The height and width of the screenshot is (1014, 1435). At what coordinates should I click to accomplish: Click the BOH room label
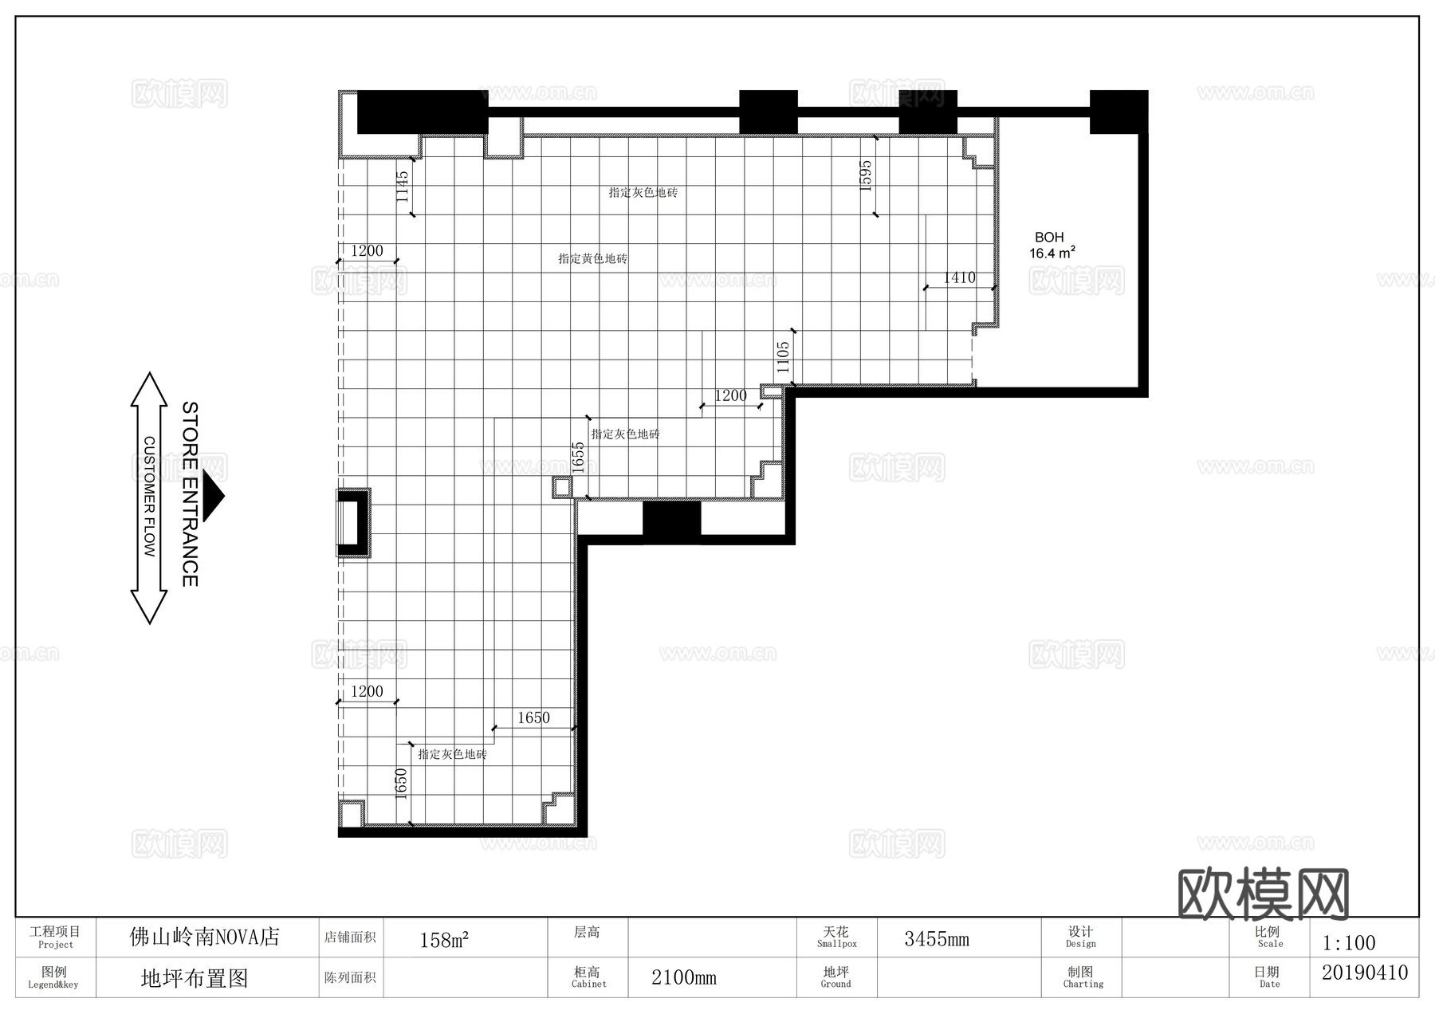(1049, 238)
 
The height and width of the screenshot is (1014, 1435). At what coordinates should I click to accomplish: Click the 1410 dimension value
(959, 277)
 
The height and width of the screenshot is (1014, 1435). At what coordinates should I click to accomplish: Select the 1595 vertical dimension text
(866, 175)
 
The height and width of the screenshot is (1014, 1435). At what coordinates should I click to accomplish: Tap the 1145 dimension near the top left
(403, 186)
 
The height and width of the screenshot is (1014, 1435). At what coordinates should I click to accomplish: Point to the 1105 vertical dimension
(783, 357)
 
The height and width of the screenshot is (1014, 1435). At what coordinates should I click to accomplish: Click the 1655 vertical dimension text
(579, 458)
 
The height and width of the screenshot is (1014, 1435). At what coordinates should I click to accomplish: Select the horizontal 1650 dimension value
(533, 717)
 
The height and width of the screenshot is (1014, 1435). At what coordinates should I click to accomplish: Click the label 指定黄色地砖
(592, 258)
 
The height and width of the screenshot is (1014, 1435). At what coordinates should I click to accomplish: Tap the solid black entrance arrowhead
(213, 496)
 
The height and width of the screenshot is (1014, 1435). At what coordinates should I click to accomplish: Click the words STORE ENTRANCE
(190, 494)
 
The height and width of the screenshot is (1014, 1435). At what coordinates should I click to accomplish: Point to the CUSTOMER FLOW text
(149, 496)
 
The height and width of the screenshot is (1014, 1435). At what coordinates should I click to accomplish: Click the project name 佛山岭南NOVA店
(205, 937)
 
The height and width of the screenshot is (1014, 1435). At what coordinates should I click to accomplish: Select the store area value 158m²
(444, 940)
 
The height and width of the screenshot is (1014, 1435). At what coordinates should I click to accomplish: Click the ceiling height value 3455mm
(936, 939)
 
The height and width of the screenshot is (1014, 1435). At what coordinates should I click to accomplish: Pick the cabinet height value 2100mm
(683, 977)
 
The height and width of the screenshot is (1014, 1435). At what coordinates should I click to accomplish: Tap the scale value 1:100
(1349, 943)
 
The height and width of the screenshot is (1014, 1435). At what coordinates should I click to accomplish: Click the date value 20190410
(1364, 973)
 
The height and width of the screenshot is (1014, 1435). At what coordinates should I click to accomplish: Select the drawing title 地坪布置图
(195, 978)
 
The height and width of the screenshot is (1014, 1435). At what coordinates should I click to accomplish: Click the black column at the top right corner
(1119, 112)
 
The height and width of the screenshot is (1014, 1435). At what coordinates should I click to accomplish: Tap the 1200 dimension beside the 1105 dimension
(730, 395)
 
